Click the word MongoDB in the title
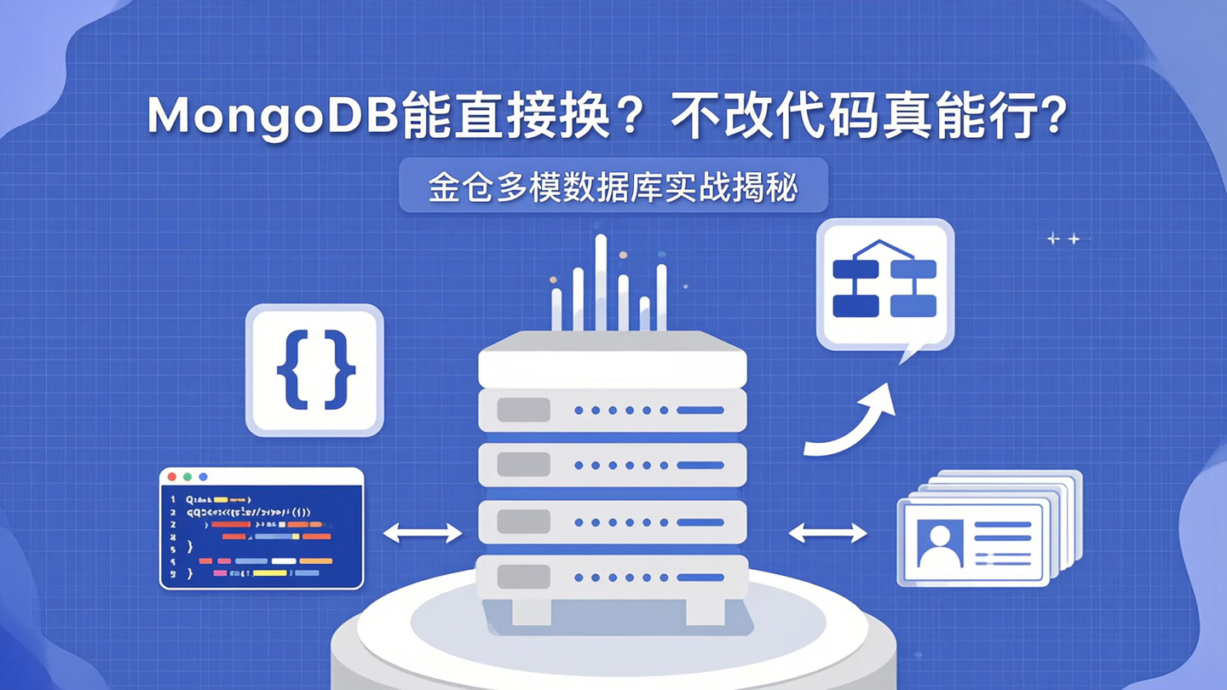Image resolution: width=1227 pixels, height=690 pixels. click(x=273, y=117)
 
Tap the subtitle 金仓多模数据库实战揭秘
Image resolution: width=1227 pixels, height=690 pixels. click(x=613, y=186)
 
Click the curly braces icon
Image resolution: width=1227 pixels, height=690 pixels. click(x=315, y=370)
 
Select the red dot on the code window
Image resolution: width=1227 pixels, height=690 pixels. click(x=172, y=477)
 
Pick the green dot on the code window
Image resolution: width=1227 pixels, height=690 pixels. click(x=187, y=477)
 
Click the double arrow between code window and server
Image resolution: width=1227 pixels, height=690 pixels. click(x=423, y=533)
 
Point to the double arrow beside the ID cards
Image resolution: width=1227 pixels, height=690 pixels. click(x=827, y=533)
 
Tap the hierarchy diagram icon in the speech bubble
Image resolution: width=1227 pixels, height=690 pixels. click(x=884, y=280)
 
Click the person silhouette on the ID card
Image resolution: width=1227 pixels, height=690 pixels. click(x=939, y=546)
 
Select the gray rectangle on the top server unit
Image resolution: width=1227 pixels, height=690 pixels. click(x=523, y=410)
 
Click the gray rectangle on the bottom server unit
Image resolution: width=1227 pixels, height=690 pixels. click(x=523, y=577)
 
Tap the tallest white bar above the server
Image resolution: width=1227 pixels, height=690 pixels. click(x=601, y=281)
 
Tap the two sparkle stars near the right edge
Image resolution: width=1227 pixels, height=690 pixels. click(x=1063, y=239)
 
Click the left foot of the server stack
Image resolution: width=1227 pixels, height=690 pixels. click(x=532, y=611)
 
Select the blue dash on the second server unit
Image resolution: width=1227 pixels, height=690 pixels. click(x=700, y=465)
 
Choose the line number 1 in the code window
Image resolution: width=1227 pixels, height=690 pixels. click(x=173, y=499)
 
